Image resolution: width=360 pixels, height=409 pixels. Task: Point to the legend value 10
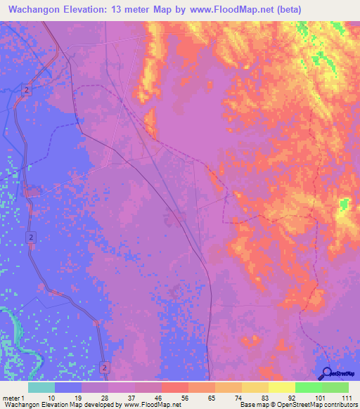point(51,398)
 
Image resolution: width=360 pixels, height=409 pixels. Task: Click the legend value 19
point(78,398)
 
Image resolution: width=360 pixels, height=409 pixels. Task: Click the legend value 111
point(345,398)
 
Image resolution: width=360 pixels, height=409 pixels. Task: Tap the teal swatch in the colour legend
point(41,387)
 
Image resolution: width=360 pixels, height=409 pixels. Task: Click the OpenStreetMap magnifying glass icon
point(327,373)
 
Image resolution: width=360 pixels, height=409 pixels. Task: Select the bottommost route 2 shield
point(105,367)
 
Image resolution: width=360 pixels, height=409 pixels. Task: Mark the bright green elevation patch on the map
point(344,204)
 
